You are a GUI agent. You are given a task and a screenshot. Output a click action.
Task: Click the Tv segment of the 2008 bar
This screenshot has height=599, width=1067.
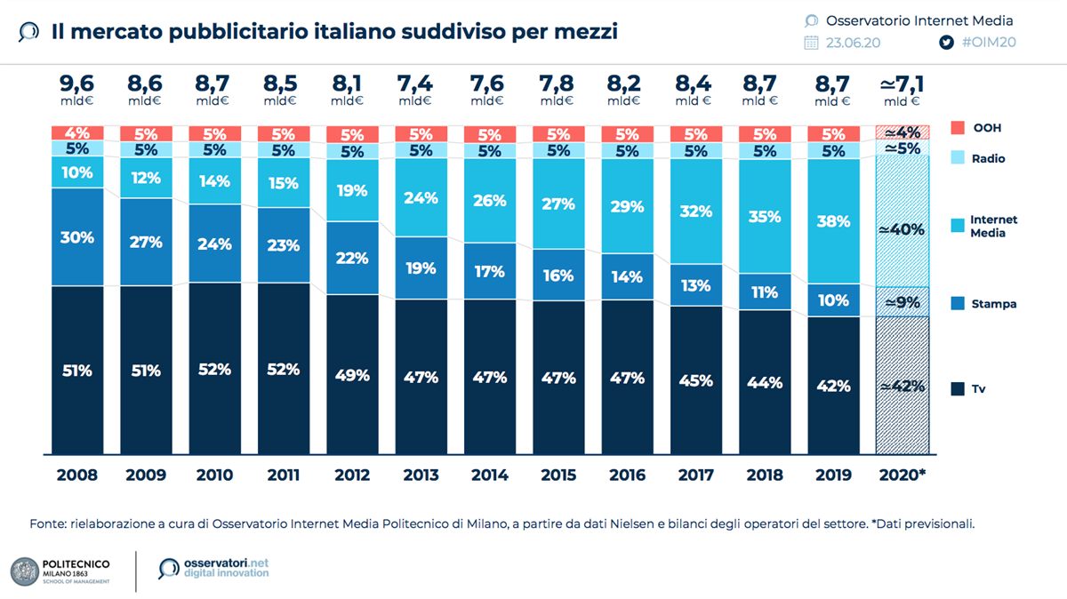76,369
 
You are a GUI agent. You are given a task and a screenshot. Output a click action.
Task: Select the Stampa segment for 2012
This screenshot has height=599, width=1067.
352,258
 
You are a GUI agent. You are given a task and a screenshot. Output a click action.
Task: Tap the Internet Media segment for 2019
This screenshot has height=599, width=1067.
834,221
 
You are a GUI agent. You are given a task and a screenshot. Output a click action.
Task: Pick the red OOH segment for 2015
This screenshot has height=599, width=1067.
558,134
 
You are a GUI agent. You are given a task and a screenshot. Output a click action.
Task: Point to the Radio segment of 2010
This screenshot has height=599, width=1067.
214,149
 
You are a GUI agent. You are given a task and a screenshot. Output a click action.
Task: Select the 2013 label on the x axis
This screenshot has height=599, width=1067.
421,475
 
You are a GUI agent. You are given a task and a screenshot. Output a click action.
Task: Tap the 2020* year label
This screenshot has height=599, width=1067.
902,475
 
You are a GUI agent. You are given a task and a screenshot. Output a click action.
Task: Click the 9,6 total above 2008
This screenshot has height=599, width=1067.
76,84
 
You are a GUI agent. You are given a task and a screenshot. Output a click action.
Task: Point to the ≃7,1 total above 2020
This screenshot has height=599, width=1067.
902,84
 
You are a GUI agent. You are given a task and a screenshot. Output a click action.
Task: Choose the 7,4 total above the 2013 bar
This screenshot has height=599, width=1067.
421,84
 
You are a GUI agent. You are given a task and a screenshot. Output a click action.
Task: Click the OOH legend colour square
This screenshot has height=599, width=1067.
957,128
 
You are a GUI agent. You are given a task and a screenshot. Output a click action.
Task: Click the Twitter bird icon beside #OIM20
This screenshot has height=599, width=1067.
947,42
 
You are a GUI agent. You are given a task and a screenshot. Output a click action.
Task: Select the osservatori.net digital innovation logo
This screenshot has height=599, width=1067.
213,569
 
